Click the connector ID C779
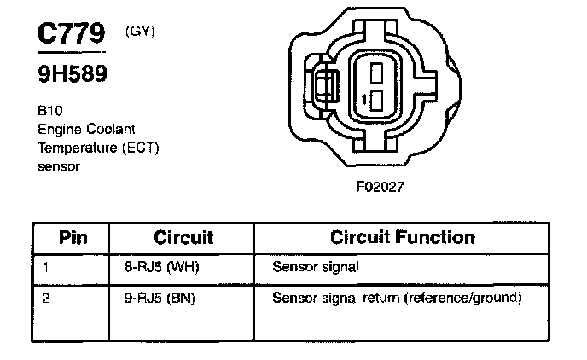(70, 34)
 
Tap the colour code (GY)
(138, 32)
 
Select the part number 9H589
(72, 74)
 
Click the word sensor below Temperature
(58, 166)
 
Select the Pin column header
(73, 236)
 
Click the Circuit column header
(183, 236)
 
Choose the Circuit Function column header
(402, 236)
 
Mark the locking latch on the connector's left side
(324, 88)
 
